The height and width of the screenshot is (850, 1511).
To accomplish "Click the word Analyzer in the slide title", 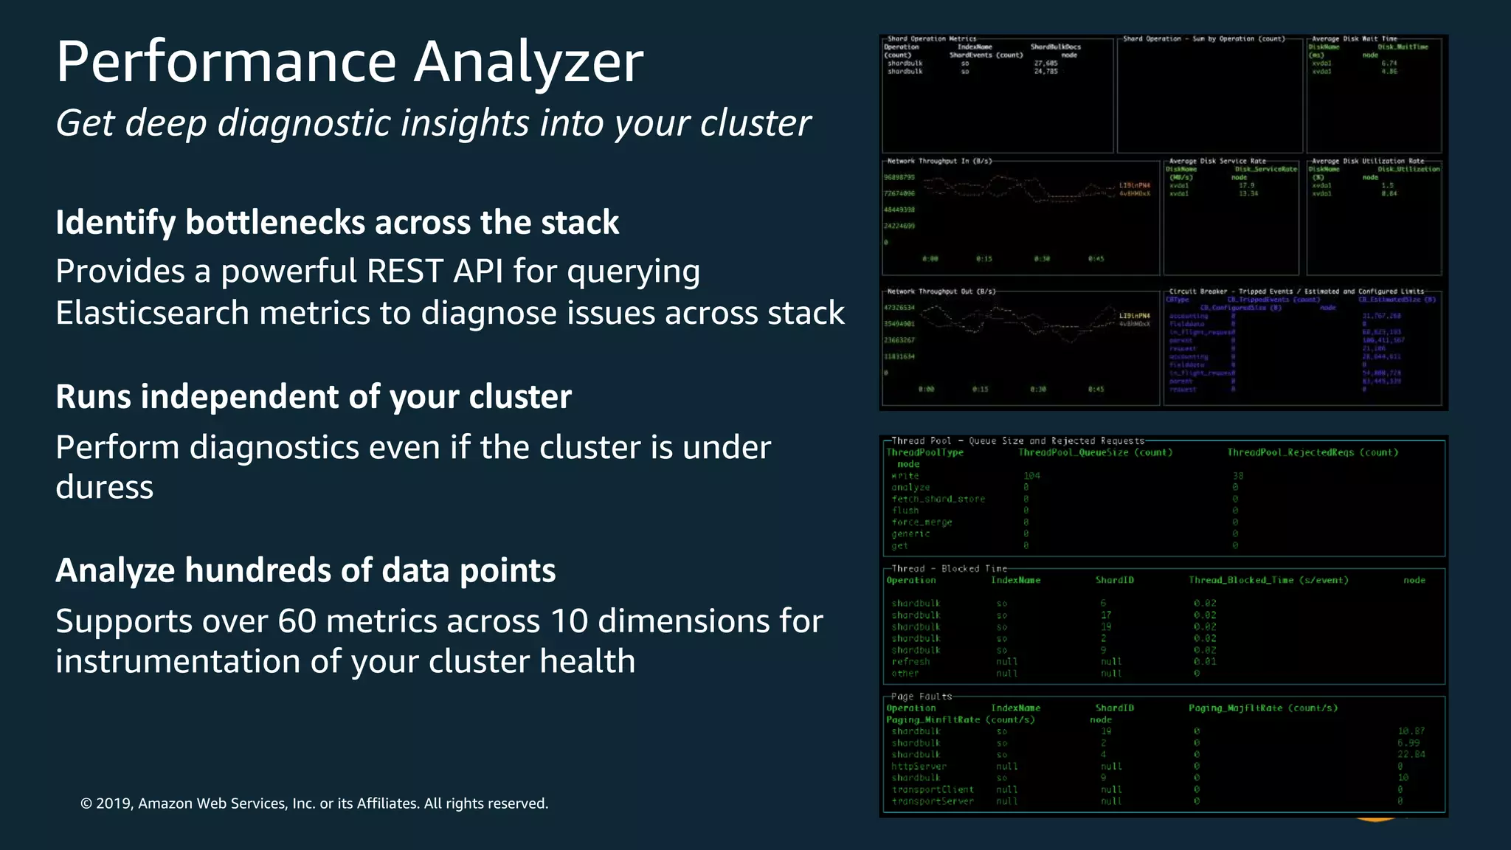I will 528,62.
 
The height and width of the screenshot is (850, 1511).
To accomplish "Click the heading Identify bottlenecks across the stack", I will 337,223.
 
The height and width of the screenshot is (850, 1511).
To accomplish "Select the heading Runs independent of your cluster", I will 314,397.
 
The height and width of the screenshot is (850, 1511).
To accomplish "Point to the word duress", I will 104,488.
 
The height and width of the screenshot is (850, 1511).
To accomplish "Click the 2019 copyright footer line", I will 314,804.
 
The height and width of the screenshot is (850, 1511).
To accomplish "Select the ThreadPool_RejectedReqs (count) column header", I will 1313,452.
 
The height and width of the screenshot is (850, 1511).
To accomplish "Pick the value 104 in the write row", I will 1031,476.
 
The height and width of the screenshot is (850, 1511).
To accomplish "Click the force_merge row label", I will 922,522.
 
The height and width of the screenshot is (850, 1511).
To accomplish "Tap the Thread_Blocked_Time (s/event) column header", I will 1268,580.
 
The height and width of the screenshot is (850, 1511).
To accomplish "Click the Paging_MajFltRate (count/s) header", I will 1262,708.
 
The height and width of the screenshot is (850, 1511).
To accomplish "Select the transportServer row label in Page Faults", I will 933,801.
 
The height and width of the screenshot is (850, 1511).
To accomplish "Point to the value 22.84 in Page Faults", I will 1411,754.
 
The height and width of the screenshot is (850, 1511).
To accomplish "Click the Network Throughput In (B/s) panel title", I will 939,161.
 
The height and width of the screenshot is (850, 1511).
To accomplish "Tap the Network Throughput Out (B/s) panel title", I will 941,291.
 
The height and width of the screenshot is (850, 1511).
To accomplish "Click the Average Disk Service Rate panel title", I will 1217,161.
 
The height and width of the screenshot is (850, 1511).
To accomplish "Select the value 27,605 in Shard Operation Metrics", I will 1045,63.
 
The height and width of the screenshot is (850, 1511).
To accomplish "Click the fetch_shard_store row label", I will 938,500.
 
